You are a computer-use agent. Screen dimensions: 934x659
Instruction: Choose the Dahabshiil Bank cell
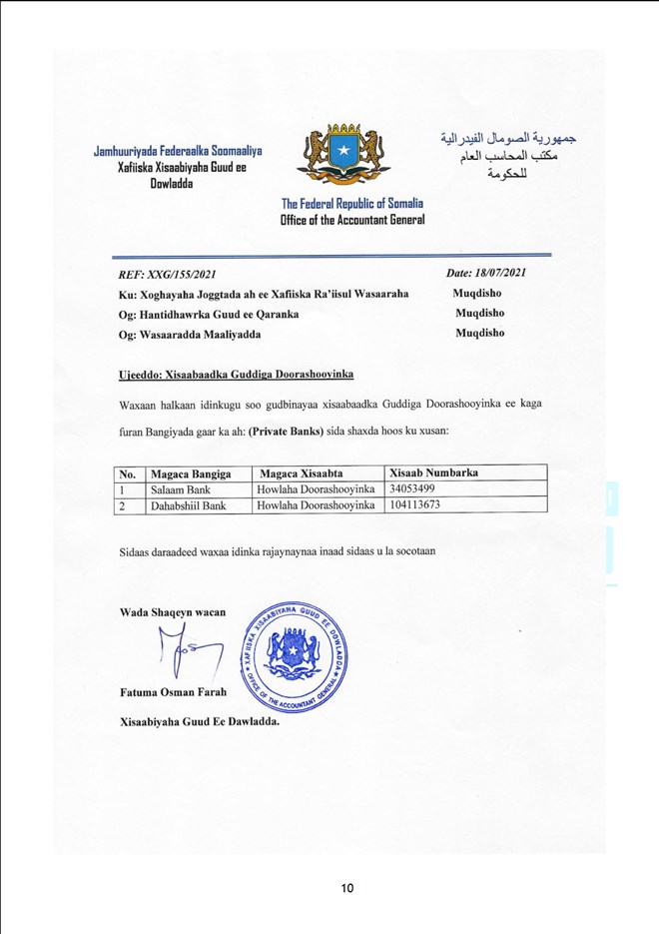187,505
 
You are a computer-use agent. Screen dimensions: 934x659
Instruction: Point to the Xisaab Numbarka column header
430,471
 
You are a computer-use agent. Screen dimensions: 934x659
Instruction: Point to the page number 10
347,888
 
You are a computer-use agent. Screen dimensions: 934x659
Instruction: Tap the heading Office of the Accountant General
351,220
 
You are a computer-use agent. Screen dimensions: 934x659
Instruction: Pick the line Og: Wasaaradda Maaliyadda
190,334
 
